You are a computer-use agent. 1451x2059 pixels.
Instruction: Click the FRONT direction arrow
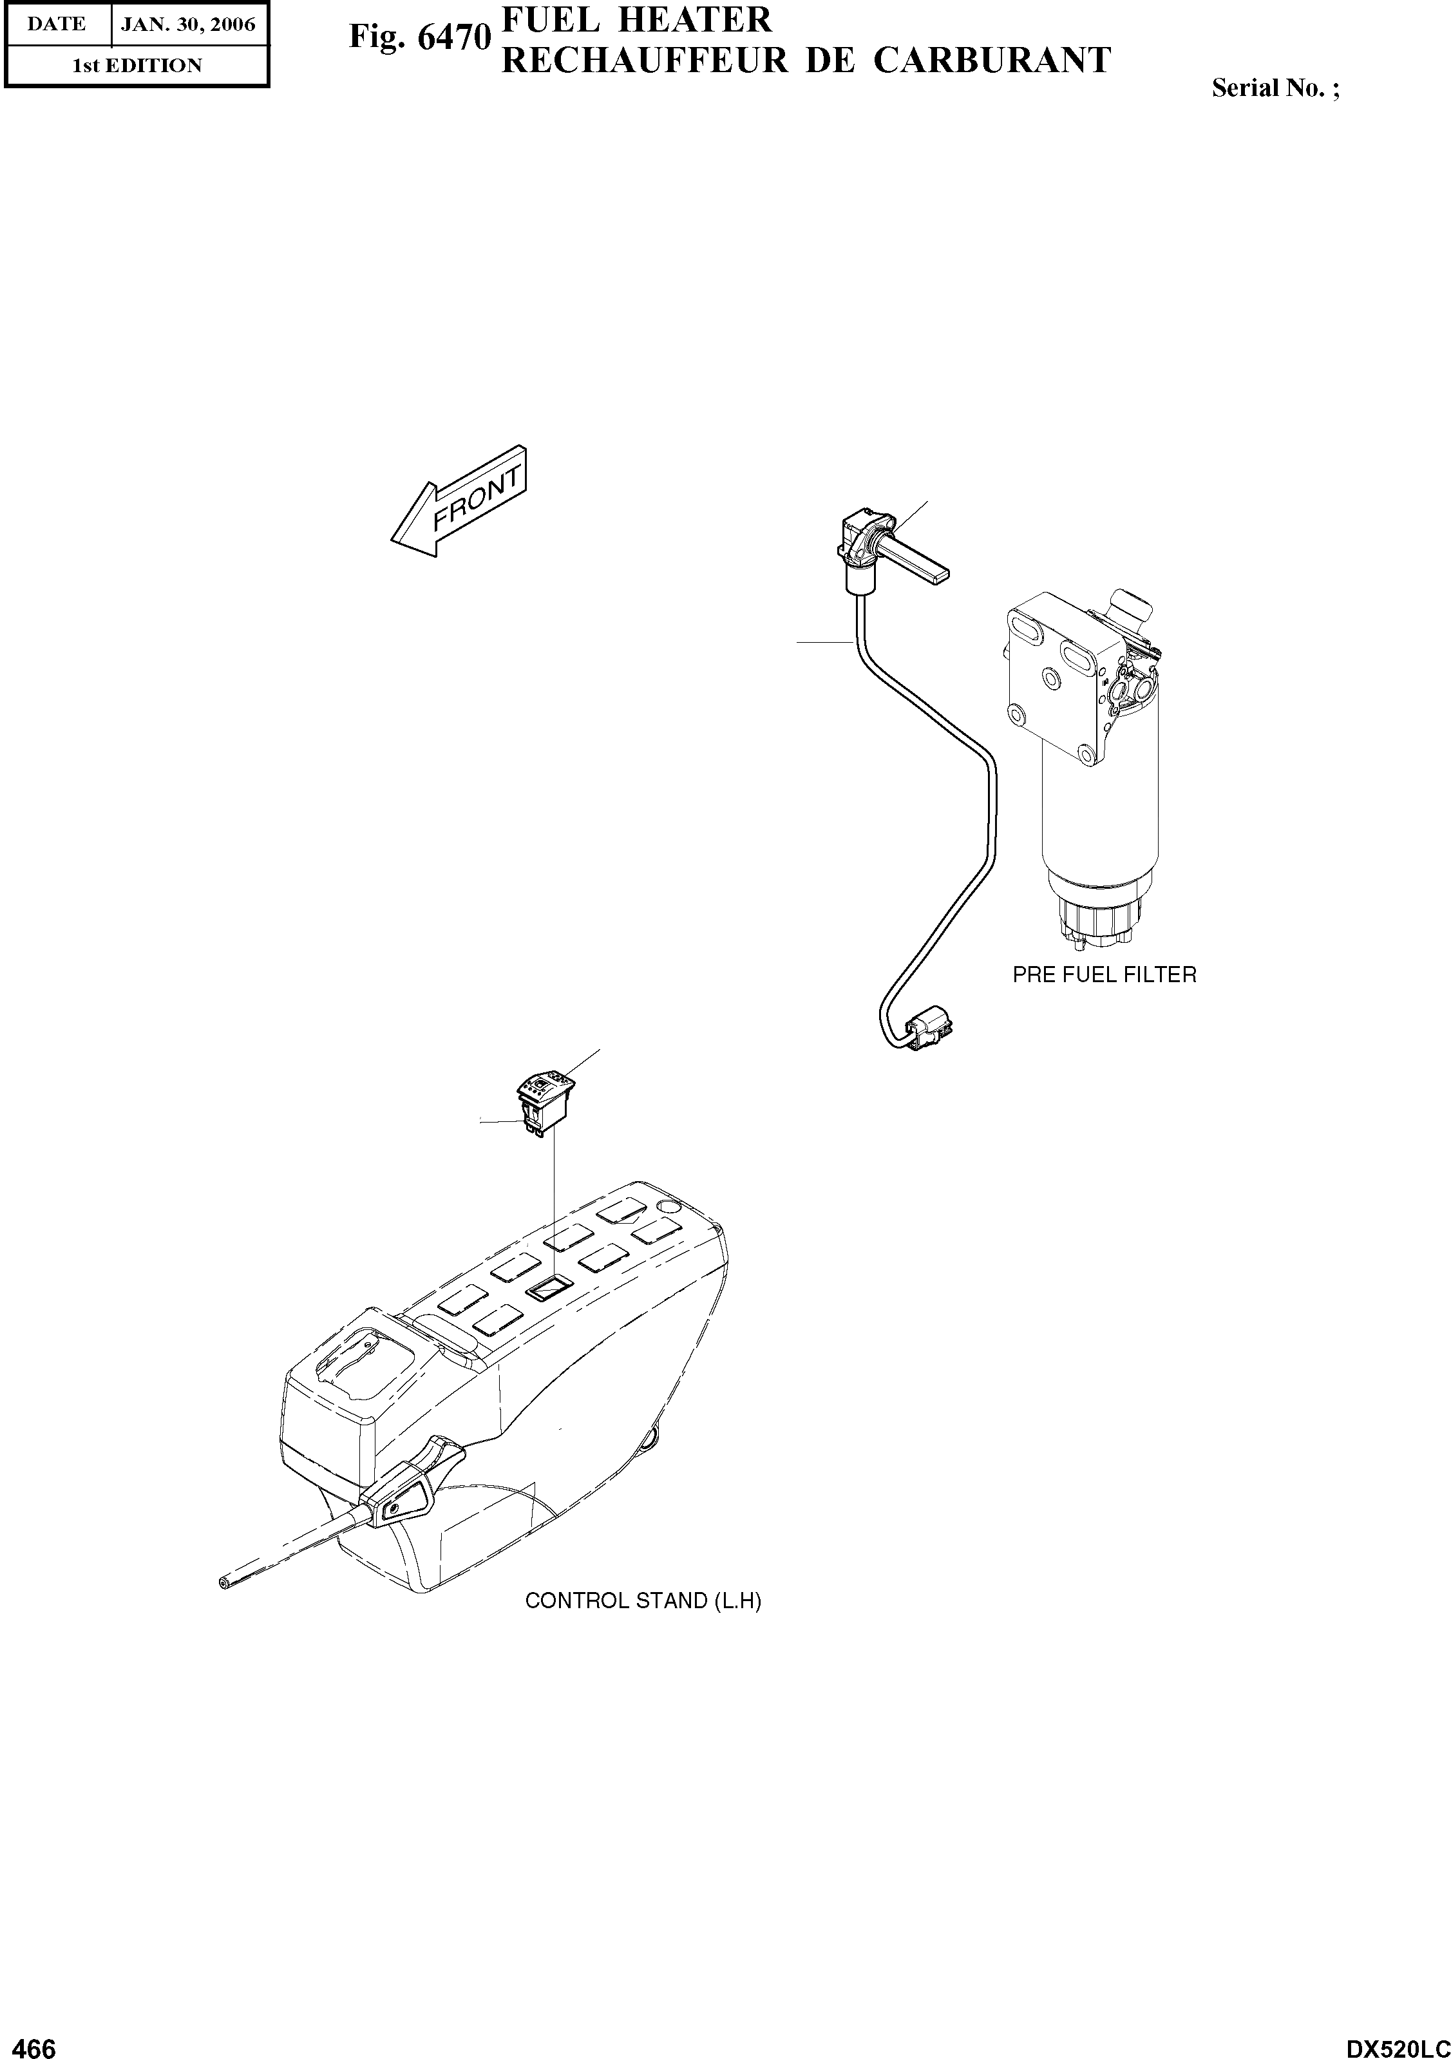pos(459,502)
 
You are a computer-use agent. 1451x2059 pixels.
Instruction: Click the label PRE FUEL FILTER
pos(1104,975)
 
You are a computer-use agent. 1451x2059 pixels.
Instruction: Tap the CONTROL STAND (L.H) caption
pos(642,1600)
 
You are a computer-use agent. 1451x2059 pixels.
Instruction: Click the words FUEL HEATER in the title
pos(637,20)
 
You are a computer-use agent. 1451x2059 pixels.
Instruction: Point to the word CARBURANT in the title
pos(992,61)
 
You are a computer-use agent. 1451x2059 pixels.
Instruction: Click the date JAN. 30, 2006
pos(188,24)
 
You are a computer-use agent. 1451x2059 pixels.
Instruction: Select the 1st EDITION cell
pos(137,66)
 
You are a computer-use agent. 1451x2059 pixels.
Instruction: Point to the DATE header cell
pos(57,24)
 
